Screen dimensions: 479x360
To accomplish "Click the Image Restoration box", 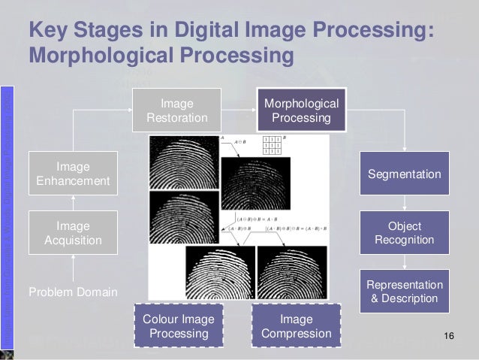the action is [177, 110].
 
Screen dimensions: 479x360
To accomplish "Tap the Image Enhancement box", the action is [73, 173].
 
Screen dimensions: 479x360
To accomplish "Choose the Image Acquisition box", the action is [73, 233].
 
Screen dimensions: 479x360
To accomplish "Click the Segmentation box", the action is [405, 174].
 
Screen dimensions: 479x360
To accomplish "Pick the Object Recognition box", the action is [405, 233].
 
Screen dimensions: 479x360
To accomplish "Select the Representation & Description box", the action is [405, 292].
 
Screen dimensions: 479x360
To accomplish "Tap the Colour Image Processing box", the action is [178, 325].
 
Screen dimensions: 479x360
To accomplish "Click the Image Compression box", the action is [296, 325].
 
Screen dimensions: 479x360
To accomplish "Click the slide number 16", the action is [450, 334].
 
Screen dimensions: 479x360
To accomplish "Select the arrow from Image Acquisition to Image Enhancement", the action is [73, 202].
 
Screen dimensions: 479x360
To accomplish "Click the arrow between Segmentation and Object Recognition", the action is [405, 203].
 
